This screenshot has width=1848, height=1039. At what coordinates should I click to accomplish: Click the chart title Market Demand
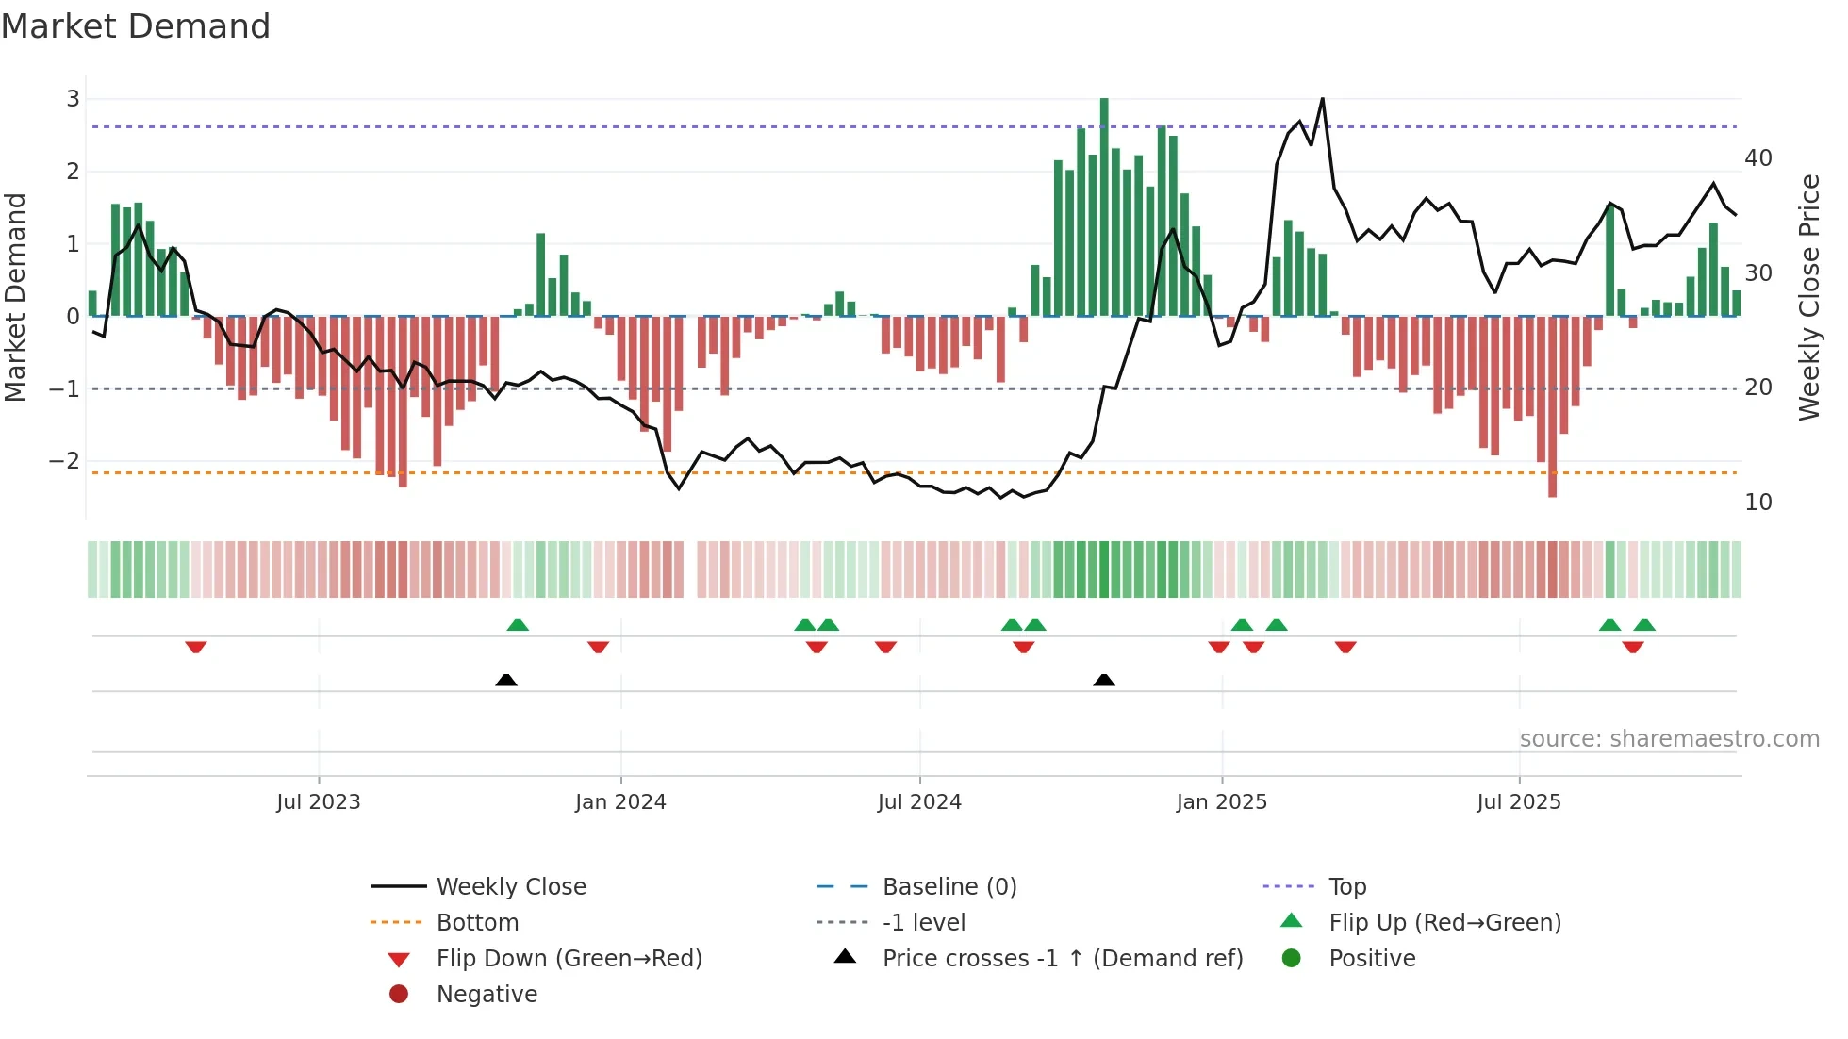point(136,26)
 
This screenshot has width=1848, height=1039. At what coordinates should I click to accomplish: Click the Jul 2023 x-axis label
point(318,802)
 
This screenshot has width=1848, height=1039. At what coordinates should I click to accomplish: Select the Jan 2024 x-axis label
point(620,802)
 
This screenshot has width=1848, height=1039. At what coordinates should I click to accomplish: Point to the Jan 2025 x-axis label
point(1221,802)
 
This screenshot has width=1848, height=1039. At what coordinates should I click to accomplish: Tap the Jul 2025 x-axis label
point(1518,802)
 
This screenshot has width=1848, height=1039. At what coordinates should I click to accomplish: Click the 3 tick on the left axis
point(73,99)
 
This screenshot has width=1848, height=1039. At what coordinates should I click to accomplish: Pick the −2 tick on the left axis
point(64,461)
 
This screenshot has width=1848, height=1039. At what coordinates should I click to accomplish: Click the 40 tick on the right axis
point(1757,158)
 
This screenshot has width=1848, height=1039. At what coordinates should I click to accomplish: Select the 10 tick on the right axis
point(1757,503)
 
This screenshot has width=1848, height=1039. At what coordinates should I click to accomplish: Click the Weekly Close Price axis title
point(1808,297)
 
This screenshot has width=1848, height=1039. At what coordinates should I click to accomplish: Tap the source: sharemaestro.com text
point(1669,739)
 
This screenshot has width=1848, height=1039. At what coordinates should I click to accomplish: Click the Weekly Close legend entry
point(510,887)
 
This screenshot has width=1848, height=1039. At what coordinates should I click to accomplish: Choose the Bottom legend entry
point(477,923)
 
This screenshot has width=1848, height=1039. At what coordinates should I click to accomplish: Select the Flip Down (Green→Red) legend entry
point(569,959)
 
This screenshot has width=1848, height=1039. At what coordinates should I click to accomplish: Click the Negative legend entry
point(487,995)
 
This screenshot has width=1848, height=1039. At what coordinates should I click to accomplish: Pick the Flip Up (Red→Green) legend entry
point(1444,923)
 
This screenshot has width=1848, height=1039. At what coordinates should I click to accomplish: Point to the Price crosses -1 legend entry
point(1062,959)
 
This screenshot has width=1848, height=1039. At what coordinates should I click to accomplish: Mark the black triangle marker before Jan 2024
point(506,680)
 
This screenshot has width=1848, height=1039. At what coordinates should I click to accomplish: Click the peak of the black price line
point(1322,99)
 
